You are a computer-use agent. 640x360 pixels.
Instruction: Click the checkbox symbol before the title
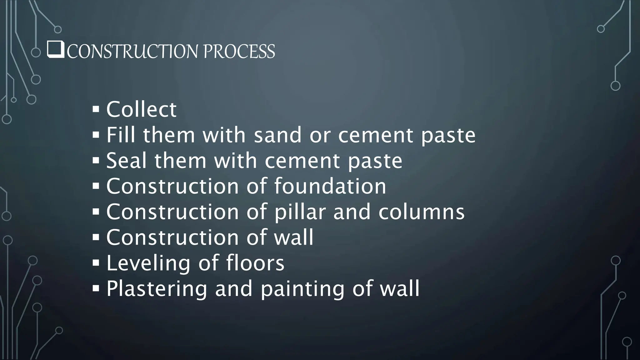pyautogui.click(x=56, y=50)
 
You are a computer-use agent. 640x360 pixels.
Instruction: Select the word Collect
pyautogui.click(x=141, y=109)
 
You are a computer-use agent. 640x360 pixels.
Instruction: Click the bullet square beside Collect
pyautogui.click(x=96, y=109)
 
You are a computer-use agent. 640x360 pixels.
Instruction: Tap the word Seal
pyautogui.click(x=126, y=161)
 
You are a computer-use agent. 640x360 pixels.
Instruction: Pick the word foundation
pyautogui.click(x=330, y=186)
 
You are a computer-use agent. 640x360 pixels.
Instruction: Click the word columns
pyautogui.click(x=421, y=212)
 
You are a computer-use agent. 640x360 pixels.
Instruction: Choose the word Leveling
pyautogui.click(x=148, y=263)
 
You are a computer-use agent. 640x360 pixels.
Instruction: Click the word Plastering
pyautogui.click(x=157, y=289)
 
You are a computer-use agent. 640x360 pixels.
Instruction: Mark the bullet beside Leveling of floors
pyautogui.click(x=96, y=262)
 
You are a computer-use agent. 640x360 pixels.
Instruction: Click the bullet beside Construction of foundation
pyautogui.click(x=96, y=186)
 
